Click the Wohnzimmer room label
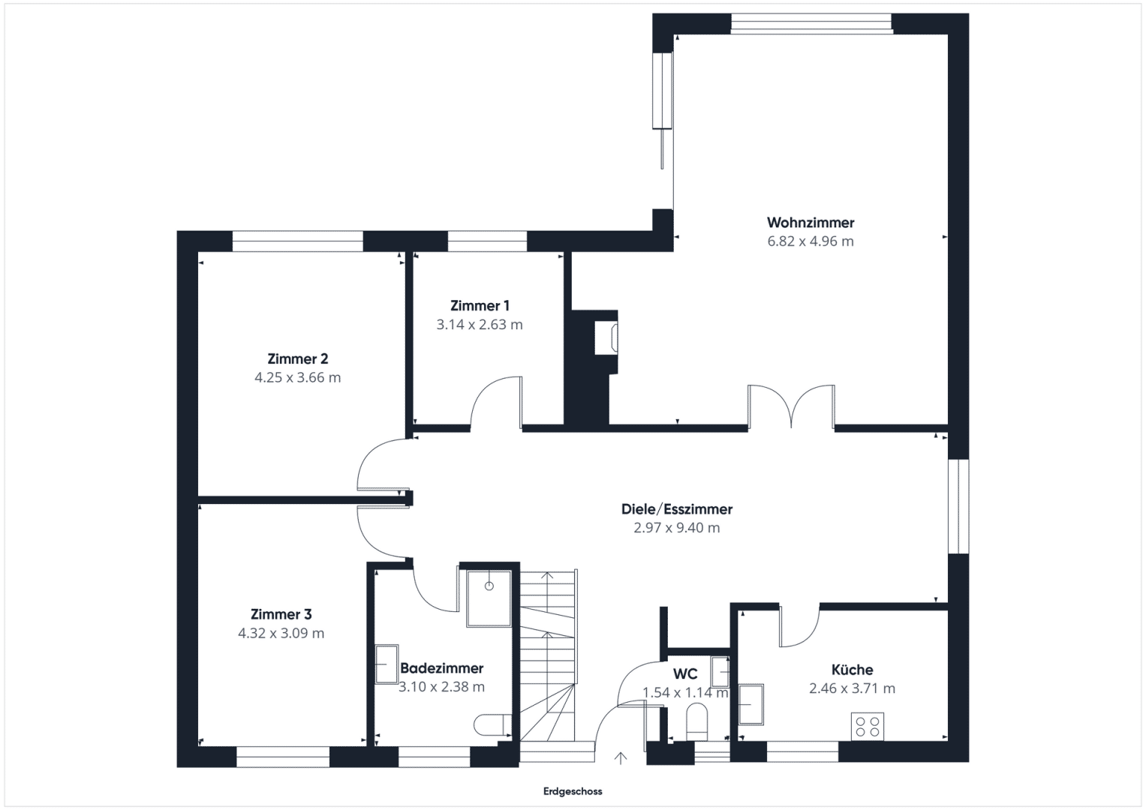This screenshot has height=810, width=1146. [811, 223]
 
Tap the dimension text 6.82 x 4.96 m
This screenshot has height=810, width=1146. [811, 241]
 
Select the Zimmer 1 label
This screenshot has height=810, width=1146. [480, 306]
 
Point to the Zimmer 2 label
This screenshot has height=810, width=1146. [298, 358]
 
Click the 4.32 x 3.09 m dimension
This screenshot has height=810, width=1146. [281, 633]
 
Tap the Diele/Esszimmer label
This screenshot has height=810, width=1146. [677, 508]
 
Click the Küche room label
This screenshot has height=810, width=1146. [852, 669]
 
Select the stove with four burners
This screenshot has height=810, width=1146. [867, 726]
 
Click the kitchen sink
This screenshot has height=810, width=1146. [751, 704]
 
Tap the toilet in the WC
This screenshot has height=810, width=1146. [696, 722]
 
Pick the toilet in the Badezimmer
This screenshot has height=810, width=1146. [492, 725]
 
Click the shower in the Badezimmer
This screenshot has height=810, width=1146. [489, 598]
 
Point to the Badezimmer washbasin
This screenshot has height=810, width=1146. [387, 664]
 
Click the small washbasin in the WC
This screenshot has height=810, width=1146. [720, 671]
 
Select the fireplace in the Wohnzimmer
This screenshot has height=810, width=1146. [606, 337]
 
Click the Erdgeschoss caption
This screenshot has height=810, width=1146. [573, 791]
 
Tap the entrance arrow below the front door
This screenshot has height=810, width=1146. [621, 757]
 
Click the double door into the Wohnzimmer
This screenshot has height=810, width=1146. [792, 406]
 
